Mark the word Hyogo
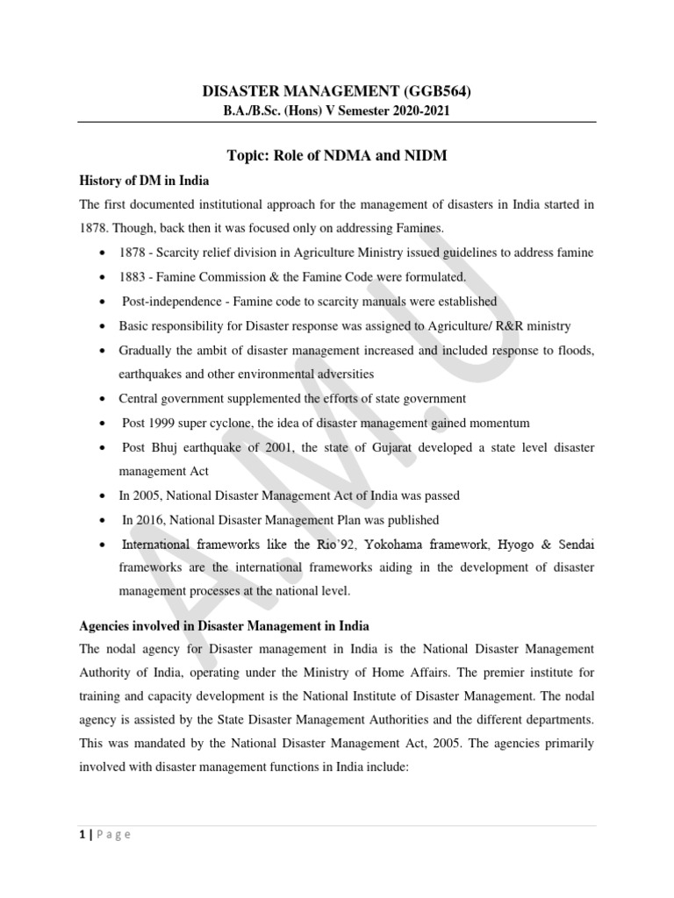(x=512, y=545)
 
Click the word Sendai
(x=575, y=545)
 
